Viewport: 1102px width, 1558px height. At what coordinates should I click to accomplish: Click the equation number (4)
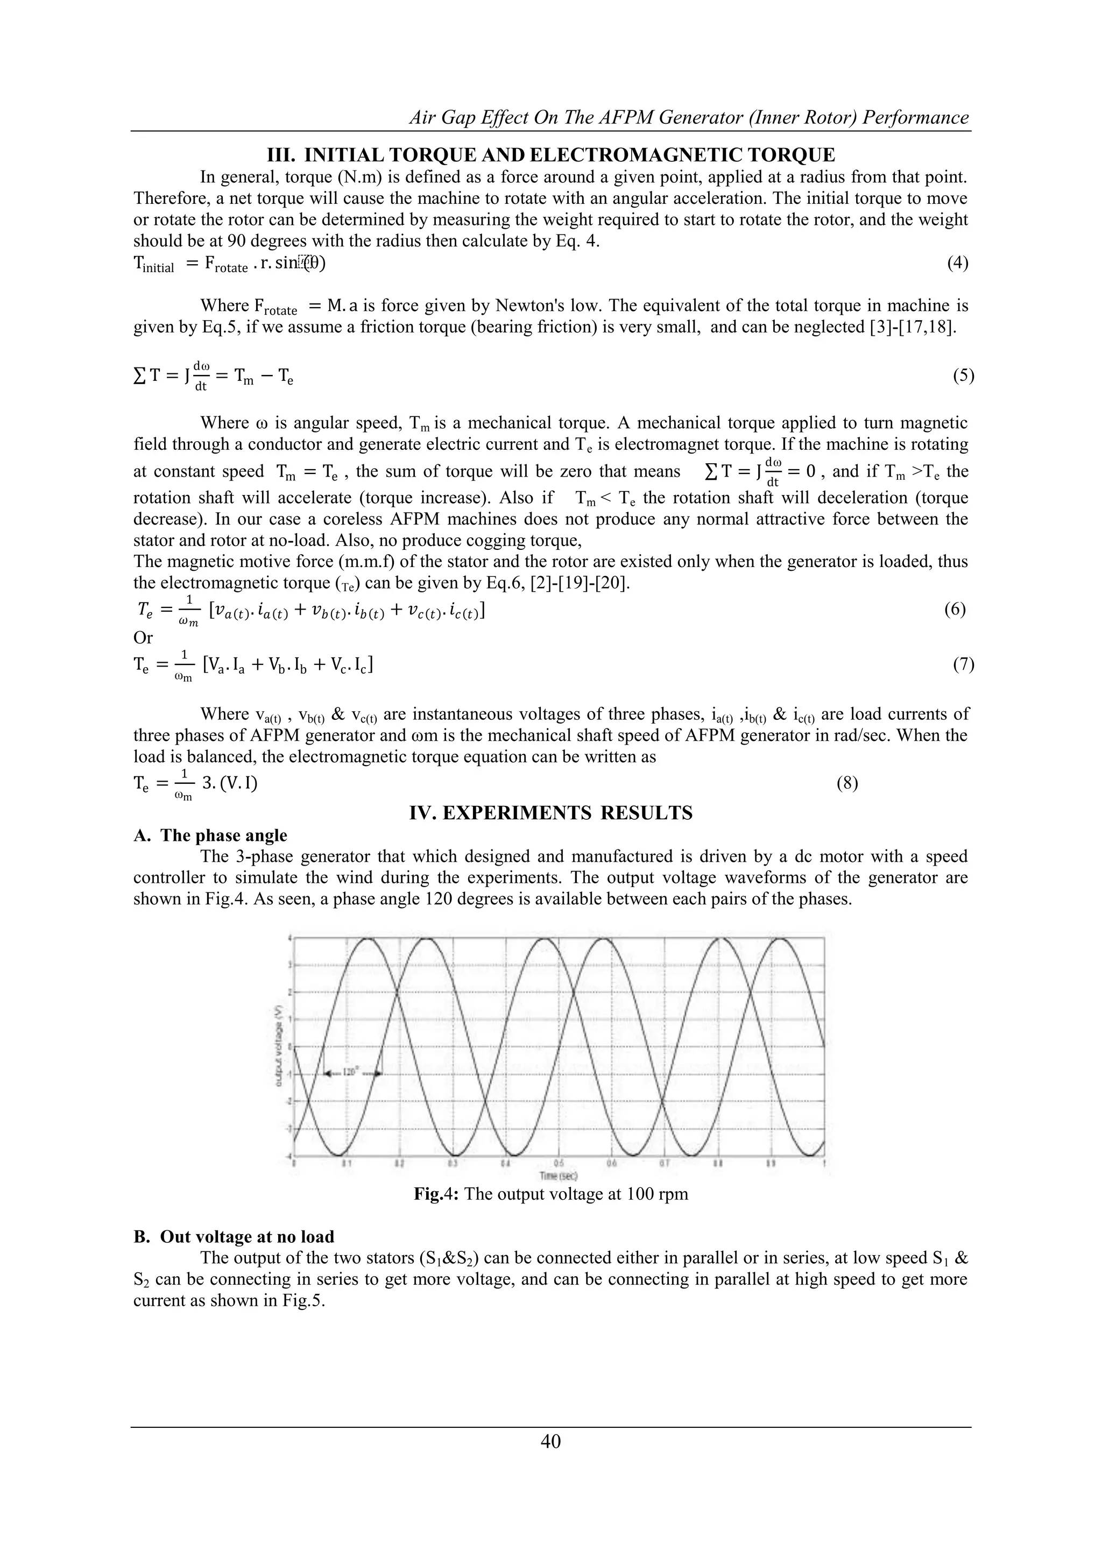tap(957, 263)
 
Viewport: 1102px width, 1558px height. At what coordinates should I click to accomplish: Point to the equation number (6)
tap(954, 610)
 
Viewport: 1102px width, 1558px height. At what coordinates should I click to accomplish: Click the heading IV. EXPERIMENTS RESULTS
tap(550, 812)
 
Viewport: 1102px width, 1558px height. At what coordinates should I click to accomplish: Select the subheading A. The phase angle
tap(210, 835)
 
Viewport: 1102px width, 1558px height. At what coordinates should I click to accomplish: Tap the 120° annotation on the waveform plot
tap(351, 1073)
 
